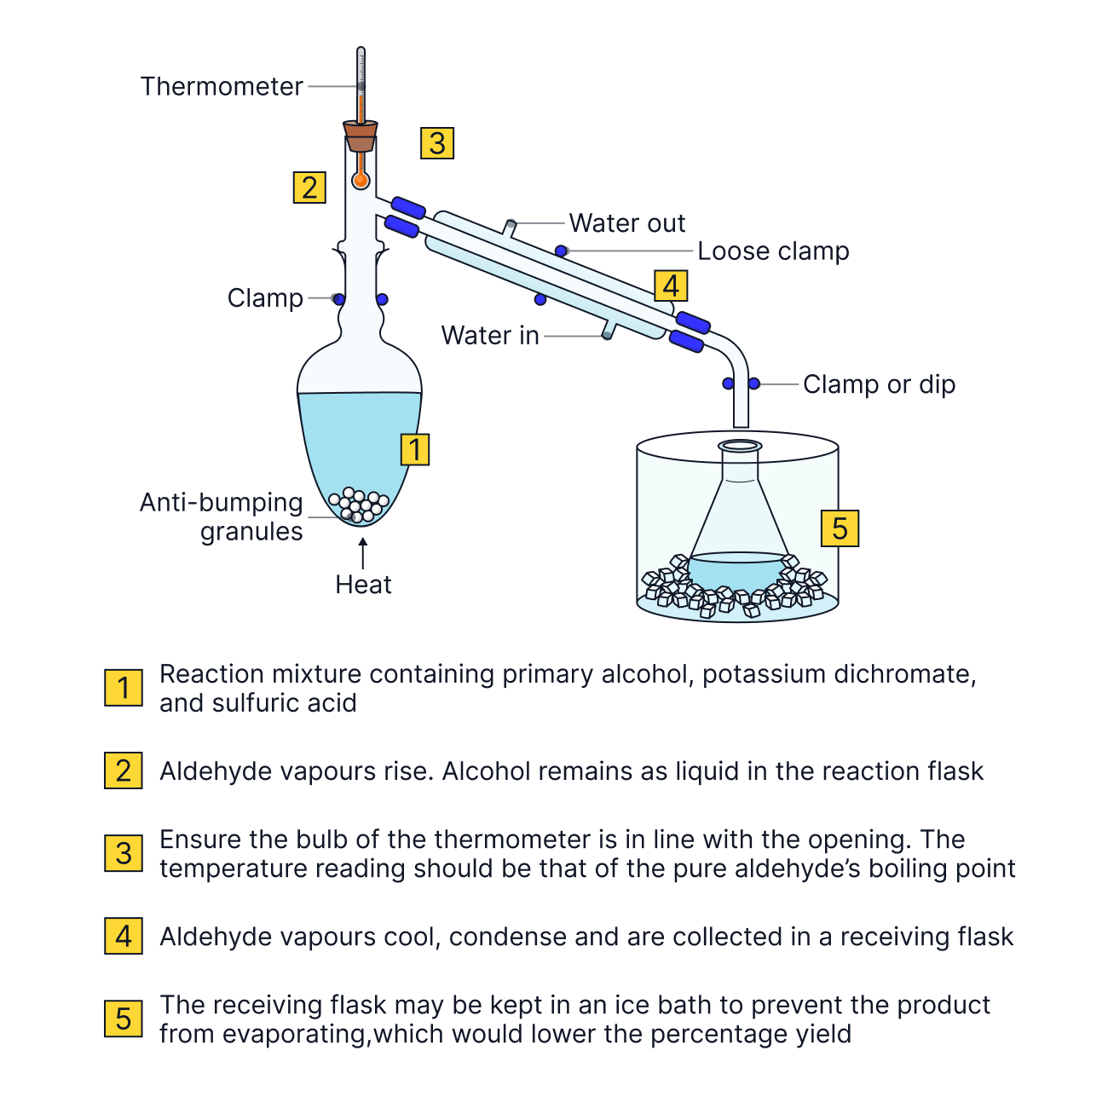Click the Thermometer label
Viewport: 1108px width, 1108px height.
click(222, 86)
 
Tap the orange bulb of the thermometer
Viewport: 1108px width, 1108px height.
click(361, 180)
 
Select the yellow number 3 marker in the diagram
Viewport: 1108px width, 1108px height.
click(437, 143)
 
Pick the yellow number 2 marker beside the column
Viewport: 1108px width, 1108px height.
click(309, 188)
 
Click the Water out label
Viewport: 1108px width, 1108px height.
click(626, 223)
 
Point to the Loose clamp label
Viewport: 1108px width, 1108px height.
click(773, 251)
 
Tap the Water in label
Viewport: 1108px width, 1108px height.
click(490, 336)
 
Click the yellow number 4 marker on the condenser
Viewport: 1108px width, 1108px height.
click(671, 286)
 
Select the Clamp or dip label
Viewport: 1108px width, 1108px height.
click(879, 384)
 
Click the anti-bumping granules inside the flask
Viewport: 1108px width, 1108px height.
click(361, 505)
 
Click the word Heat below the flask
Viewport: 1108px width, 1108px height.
click(363, 585)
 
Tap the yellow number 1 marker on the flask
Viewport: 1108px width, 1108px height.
click(415, 449)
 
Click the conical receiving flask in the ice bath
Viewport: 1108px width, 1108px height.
click(739, 520)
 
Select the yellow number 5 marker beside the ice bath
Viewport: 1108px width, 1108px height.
click(840, 528)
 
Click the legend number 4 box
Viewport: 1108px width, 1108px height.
click(124, 937)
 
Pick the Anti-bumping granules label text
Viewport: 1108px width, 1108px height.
click(222, 516)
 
